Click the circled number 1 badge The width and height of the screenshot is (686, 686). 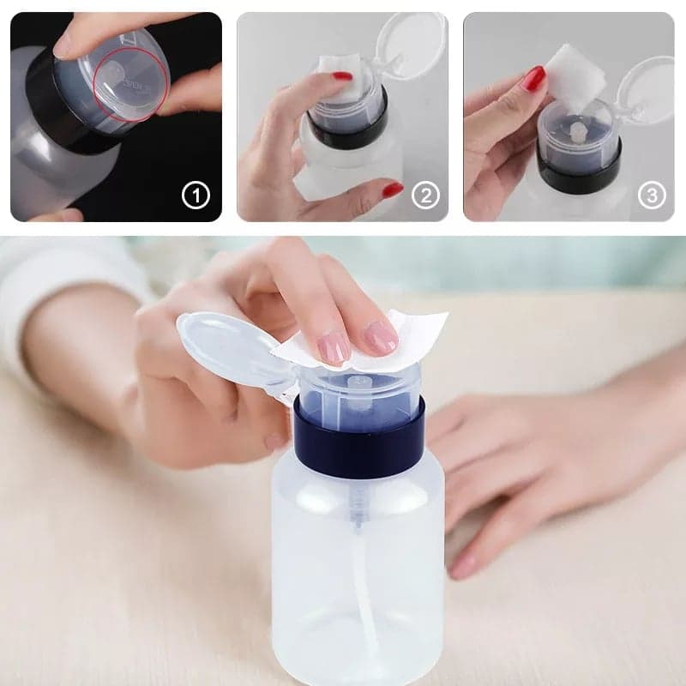pos(196,196)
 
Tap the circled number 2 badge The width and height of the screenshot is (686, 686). pos(425,196)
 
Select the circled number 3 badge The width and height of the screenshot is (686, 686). pos(652,196)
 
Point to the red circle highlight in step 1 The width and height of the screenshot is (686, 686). pos(130,84)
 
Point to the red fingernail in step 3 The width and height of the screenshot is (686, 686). pos(534,79)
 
